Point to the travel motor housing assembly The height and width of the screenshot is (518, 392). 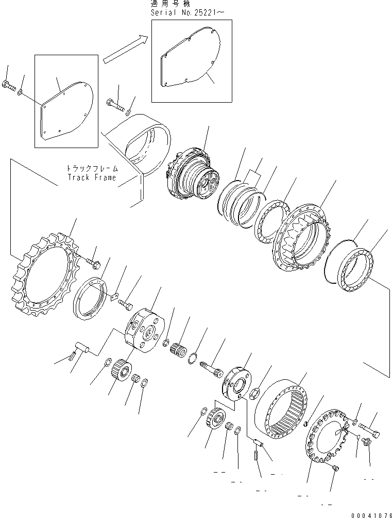[x=193, y=173]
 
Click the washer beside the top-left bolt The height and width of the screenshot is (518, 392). [x=20, y=93]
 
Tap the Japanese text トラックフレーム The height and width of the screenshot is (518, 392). [x=92, y=168]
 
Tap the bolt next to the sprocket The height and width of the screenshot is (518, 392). [x=94, y=264]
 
